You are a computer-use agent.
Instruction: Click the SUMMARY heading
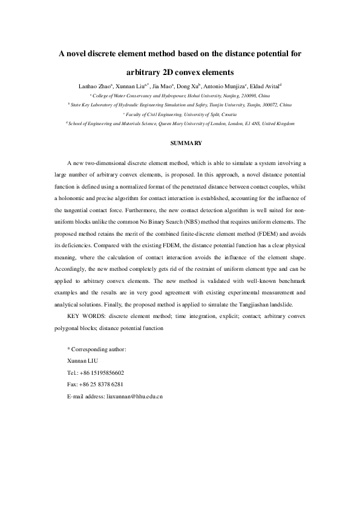(x=180, y=143)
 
